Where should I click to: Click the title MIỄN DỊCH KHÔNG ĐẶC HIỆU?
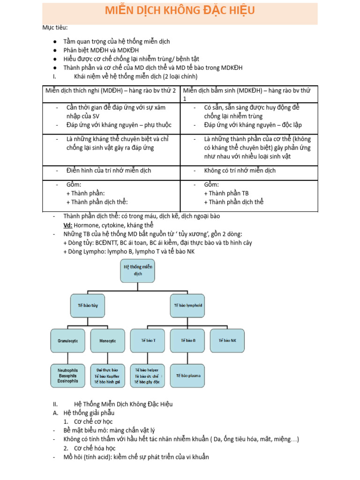coord(180,11)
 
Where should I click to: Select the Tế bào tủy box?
coord(88,305)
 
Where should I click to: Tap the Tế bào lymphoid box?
coord(188,305)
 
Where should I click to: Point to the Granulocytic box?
coord(68,341)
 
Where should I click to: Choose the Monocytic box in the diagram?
coord(107,341)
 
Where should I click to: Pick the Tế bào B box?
coord(187,340)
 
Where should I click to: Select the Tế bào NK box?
coord(227,340)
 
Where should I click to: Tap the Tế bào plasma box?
coord(187,375)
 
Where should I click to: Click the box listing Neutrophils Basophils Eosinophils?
coord(68,375)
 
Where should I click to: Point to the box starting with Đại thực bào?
coord(107,375)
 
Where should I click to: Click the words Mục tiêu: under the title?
coord(55,27)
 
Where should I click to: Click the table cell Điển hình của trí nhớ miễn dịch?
coord(109,171)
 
